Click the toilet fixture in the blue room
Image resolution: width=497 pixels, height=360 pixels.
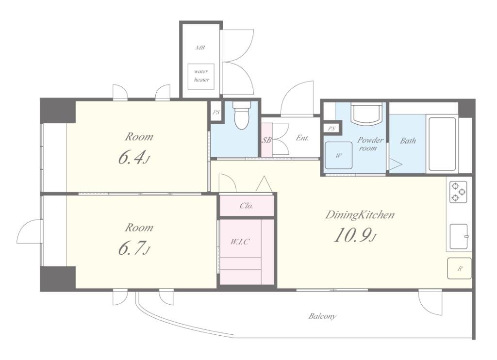(x=242, y=115)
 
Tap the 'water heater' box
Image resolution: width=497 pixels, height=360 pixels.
(x=201, y=76)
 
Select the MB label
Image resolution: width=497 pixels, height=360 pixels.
(x=200, y=48)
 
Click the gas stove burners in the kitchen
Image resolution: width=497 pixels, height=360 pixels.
(x=458, y=192)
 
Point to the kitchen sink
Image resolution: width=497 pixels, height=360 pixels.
(x=458, y=236)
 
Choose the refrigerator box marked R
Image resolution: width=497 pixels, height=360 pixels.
(x=459, y=268)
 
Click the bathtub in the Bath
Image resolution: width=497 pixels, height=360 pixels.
(x=442, y=144)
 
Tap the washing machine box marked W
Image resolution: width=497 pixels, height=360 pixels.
(x=339, y=155)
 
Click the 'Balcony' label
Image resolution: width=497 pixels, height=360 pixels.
(x=322, y=316)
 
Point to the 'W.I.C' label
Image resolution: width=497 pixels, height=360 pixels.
(x=240, y=242)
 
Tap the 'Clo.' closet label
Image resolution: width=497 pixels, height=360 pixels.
(x=246, y=206)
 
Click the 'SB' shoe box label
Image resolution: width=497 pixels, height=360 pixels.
(x=266, y=139)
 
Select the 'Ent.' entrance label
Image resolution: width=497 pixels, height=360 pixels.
(x=302, y=138)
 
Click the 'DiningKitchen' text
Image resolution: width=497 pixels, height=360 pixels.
(x=360, y=215)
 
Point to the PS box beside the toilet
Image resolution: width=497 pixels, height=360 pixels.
(x=216, y=112)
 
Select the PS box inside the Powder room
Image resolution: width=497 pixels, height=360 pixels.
(x=331, y=129)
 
